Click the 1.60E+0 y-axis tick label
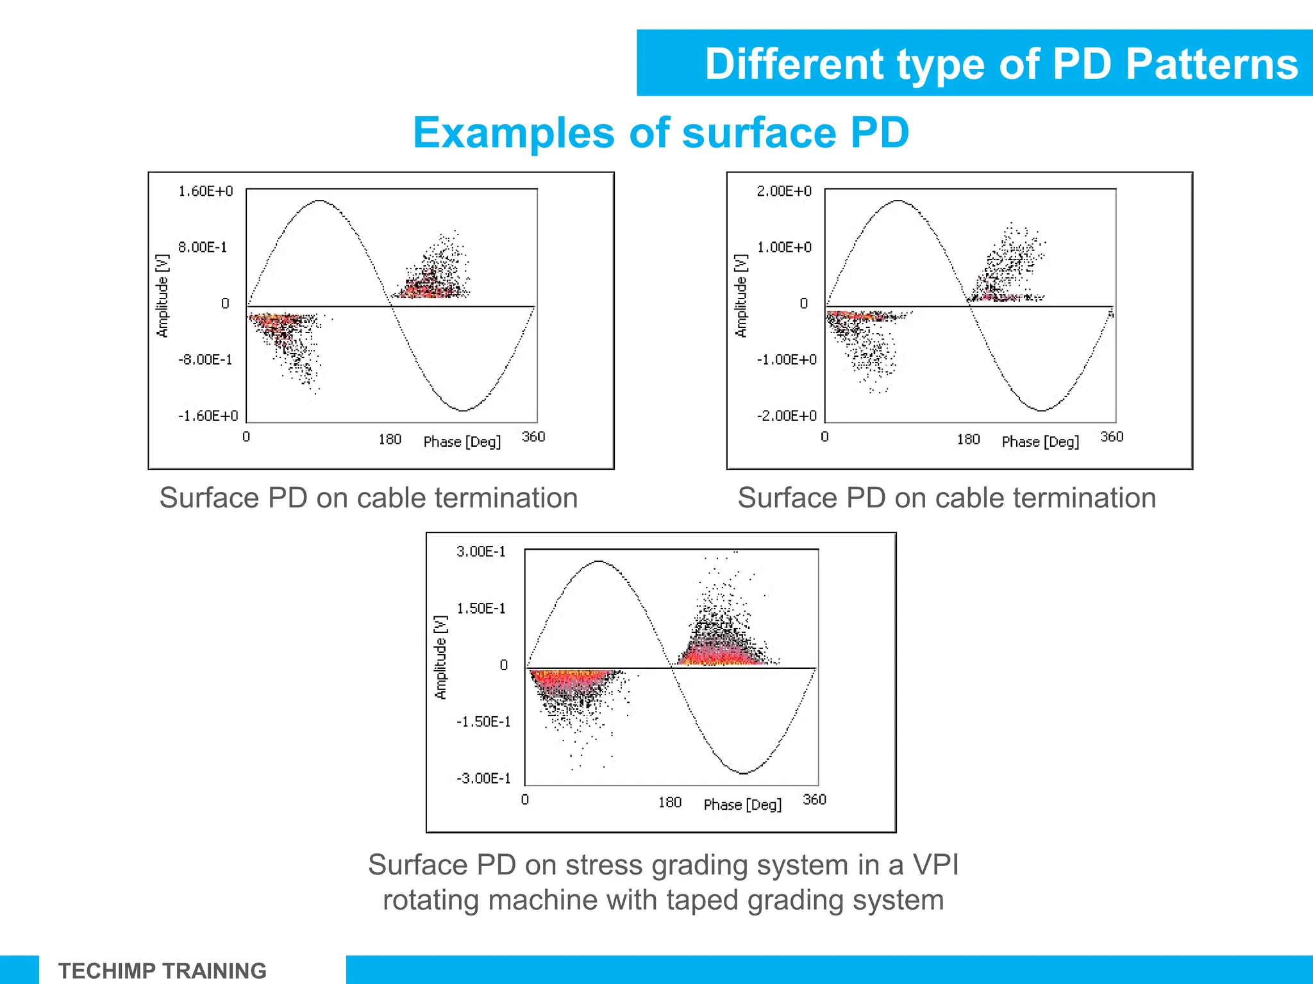pos(205,191)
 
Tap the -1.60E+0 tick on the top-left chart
pos(208,416)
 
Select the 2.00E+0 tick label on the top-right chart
pos(783,191)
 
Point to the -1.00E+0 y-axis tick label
pos(787,359)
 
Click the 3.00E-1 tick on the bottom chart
pos(481,552)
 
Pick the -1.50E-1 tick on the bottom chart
pos(483,722)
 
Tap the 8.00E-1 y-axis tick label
pos(203,247)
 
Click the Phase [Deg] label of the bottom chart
pos(742,805)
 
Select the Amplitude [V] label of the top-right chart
pos(741,295)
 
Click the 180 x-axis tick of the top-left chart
pos(389,439)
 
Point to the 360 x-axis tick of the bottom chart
pos(814,799)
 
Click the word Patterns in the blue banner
pos(1211,64)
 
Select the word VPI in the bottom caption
pos(935,865)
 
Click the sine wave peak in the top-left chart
pos(319,201)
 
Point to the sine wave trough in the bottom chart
pos(743,773)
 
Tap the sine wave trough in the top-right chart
pos(1042,410)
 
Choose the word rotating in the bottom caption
pos(431,900)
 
